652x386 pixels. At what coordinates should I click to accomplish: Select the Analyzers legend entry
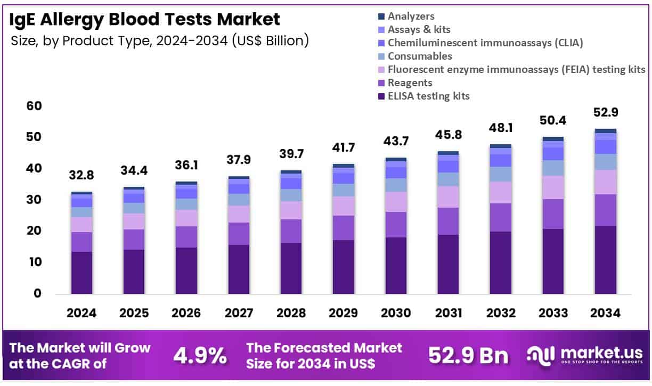click(x=411, y=17)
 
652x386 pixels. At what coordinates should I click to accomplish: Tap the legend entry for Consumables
click(x=420, y=56)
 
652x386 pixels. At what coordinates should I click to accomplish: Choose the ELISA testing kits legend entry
click(x=428, y=96)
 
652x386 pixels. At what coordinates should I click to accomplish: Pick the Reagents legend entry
click(x=410, y=83)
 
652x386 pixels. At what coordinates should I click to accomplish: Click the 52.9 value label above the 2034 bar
click(x=605, y=112)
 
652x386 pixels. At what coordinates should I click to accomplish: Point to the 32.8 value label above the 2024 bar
click(x=81, y=176)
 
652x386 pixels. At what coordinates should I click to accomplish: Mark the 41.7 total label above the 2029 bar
click(x=344, y=147)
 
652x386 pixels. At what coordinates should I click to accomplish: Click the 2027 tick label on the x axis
click(x=239, y=313)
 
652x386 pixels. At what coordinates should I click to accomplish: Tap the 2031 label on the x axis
click(x=448, y=313)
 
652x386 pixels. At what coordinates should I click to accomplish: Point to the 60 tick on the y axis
click(x=34, y=106)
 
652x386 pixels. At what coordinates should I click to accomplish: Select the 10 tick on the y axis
click(x=34, y=262)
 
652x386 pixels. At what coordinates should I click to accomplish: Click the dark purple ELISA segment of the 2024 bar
click(x=81, y=273)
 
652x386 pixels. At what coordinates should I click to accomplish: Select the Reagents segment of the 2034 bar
click(x=605, y=210)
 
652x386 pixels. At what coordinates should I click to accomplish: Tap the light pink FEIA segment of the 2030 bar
click(x=396, y=202)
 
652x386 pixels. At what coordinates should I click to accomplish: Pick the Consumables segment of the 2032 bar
click(x=500, y=174)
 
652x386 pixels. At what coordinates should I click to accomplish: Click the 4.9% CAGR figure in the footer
click(x=200, y=356)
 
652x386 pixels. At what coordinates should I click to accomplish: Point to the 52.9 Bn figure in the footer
click(x=468, y=356)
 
